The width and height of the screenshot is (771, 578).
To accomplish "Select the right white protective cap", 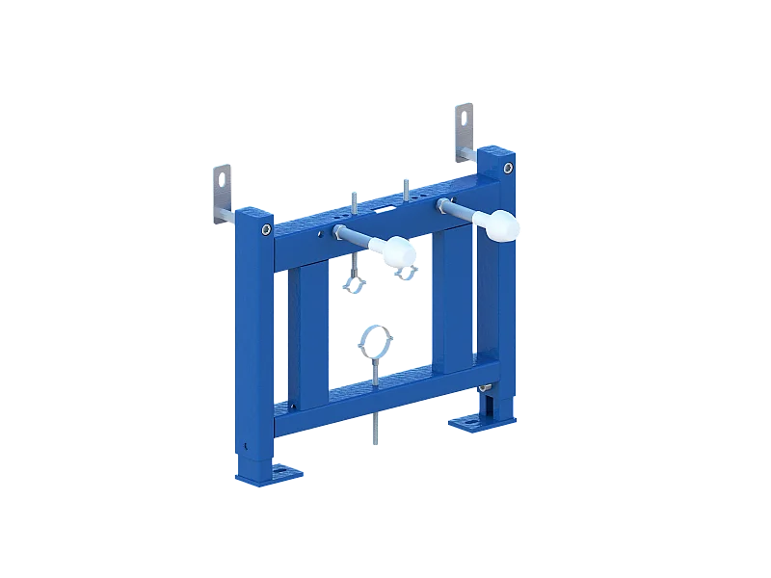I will pos(501,225).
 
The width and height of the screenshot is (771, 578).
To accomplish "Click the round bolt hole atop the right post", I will pos(507,170).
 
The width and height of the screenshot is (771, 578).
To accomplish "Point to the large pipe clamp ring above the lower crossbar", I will pos(374,341).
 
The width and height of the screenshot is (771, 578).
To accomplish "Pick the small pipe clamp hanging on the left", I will pos(354,284).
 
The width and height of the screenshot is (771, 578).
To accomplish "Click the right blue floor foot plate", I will pos(472,421).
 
